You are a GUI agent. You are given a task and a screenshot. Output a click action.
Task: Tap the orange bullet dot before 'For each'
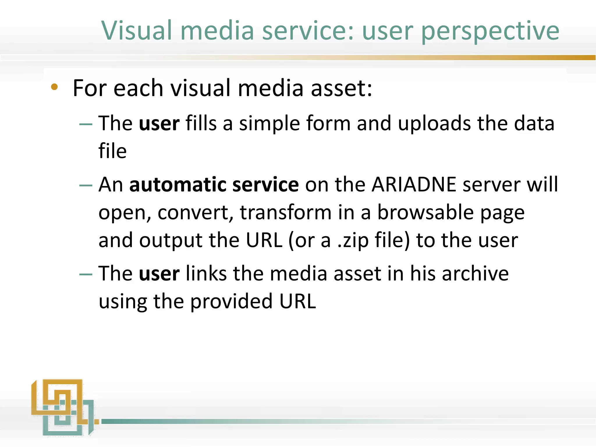[54, 87]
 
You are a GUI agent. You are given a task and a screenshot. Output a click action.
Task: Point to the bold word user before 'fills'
[159, 124]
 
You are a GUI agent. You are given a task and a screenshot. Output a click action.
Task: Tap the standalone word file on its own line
[113, 151]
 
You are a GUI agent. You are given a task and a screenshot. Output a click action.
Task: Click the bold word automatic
[178, 185]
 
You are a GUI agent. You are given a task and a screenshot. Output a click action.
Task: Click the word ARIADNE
[414, 185]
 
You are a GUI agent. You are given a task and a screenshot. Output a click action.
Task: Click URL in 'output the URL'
[264, 240]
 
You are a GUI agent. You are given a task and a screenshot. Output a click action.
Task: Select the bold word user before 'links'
[159, 274]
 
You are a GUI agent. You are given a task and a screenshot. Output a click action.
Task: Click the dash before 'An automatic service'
[86, 185]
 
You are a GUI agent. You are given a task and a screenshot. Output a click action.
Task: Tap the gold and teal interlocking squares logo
[63, 407]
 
